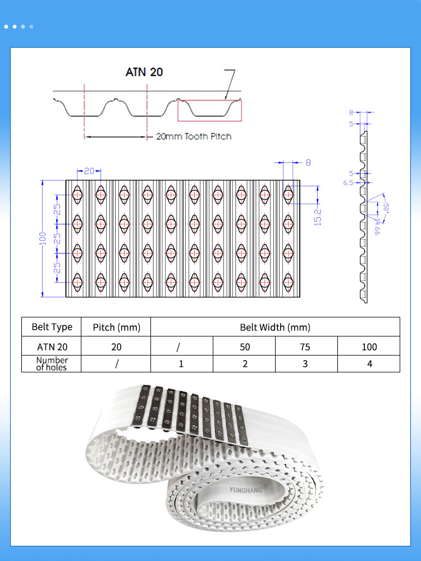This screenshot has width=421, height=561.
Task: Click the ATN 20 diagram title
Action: tap(144, 72)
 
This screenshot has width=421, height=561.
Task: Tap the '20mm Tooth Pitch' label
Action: tap(193, 136)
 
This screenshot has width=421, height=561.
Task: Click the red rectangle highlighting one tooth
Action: tap(209, 111)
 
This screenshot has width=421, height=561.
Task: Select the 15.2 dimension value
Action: tap(318, 217)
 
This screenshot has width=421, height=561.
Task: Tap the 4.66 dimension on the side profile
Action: tap(377, 228)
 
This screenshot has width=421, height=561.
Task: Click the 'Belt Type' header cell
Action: tap(52, 327)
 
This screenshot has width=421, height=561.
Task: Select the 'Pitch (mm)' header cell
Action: tap(116, 327)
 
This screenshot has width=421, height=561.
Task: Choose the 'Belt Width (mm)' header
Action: tap(275, 327)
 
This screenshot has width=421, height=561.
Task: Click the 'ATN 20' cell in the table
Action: tap(52, 347)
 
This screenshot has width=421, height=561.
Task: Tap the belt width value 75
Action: tap(305, 347)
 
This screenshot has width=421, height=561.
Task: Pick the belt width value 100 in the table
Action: tap(369, 347)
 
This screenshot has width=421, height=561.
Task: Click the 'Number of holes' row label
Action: tap(52, 364)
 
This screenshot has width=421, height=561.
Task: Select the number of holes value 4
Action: tap(369, 364)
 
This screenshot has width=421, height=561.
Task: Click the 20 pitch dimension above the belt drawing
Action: tap(89, 171)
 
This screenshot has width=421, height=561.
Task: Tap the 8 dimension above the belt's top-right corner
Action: tap(308, 163)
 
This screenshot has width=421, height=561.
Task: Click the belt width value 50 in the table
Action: tap(245, 347)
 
